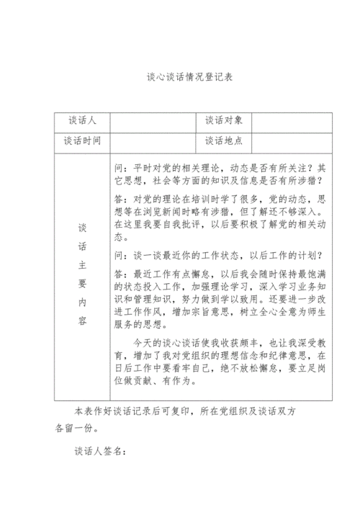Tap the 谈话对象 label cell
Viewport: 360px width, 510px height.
click(x=224, y=122)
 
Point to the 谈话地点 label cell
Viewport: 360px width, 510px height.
click(x=224, y=143)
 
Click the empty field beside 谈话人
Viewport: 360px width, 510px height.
click(x=153, y=122)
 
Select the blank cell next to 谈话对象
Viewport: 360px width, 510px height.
click(x=292, y=122)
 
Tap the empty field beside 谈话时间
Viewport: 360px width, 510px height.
click(x=153, y=143)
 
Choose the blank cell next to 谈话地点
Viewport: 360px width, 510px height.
click(x=292, y=143)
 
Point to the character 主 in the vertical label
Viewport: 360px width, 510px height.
click(x=82, y=266)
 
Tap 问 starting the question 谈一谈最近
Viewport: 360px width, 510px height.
click(x=120, y=256)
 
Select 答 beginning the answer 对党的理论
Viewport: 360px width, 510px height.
click(x=120, y=198)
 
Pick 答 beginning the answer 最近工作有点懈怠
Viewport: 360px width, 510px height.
click(x=120, y=274)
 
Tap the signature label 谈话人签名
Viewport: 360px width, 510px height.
click(x=100, y=452)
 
